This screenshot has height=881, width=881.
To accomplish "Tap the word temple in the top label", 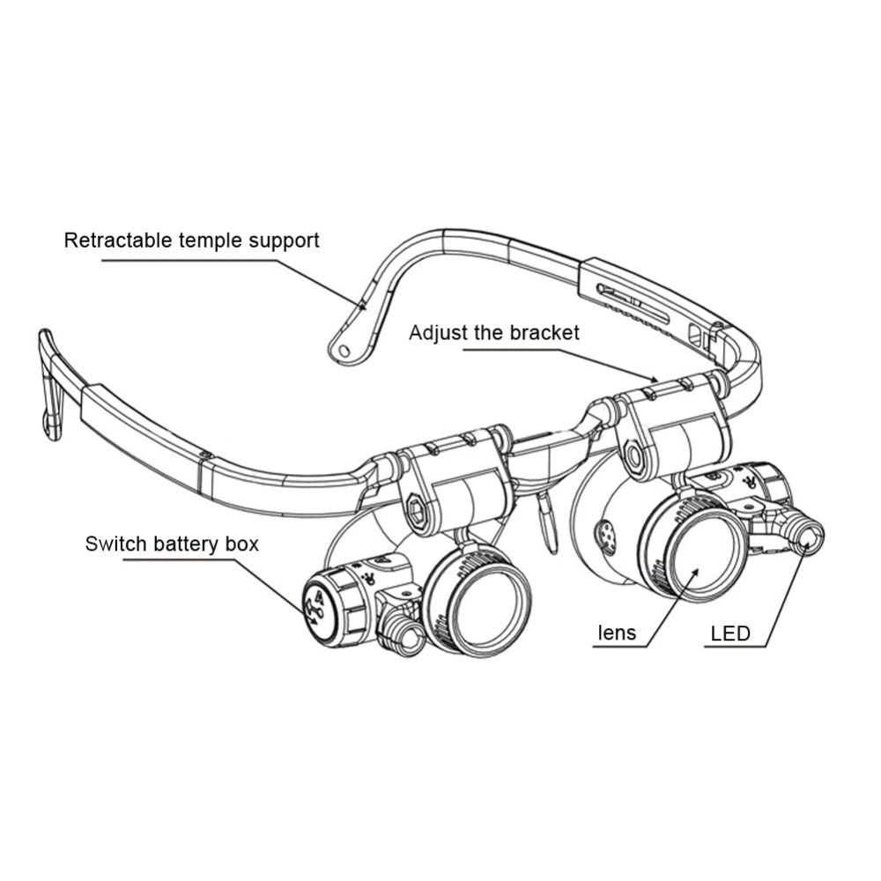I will [206, 241].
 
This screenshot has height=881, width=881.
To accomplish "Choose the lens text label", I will [617, 633].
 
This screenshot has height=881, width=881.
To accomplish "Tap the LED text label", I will [730, 633].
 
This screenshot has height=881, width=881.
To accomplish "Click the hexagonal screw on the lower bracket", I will [417, 510].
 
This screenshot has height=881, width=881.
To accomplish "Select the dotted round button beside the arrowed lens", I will [605, 533].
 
